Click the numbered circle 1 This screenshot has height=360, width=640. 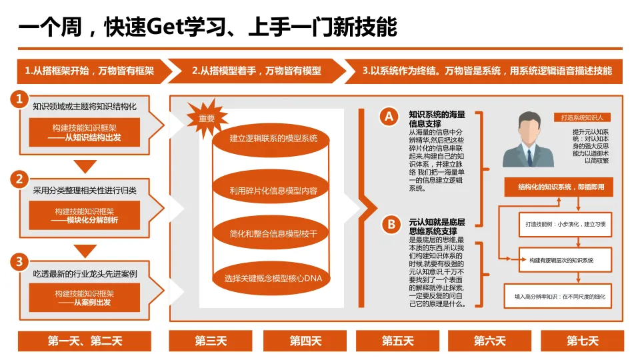tap(20, 99)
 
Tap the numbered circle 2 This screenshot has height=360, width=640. tap(20, 179)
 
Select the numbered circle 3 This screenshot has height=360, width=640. tap(20, 261)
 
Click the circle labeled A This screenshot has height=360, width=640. tap(389, 117)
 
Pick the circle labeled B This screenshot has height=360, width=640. tap(391, 225)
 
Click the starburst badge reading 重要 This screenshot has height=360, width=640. tap(207, 118)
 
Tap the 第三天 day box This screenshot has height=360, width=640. tap(211, 341)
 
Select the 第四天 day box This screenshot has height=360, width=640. tap(305, 341)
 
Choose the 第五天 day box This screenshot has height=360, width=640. tap(397, 341)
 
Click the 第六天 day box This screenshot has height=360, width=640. tap(489, 341)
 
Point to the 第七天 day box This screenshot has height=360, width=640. tap(582, 341)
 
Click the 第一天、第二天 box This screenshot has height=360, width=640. tap(85, 341)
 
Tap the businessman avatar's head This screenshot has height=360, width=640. tap(528, 127)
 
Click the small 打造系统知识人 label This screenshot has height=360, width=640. tap(586, 117)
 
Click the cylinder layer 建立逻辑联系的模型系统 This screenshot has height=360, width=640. tap(273, 139)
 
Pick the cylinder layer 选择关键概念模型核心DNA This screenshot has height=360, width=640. tap(273, 277)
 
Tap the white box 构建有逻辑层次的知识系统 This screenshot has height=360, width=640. tap(561, 259)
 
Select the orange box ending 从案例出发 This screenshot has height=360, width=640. tap(84, 297)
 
